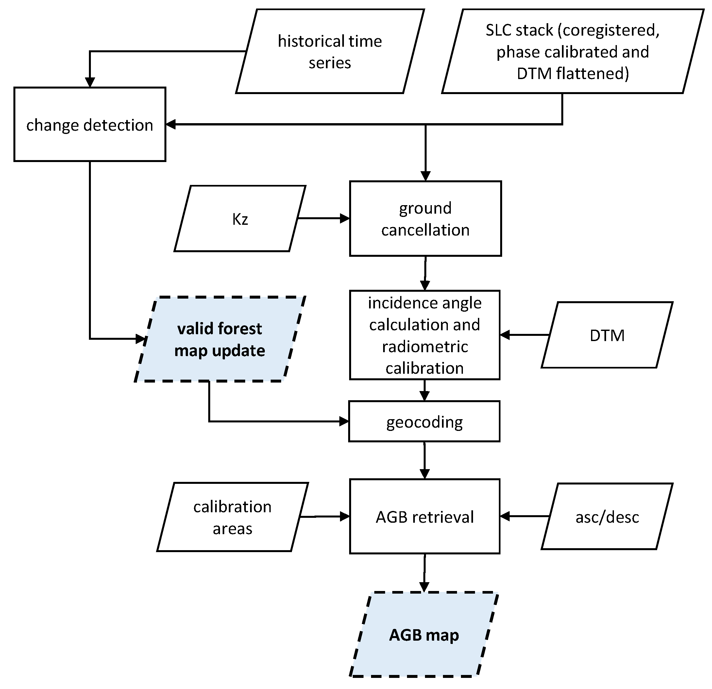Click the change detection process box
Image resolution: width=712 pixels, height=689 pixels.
tap(90, 124)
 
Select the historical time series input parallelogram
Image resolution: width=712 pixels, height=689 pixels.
tap(330, 52)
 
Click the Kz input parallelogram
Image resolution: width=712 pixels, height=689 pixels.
tap(240, 219)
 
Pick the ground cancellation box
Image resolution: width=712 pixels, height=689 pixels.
tap(425, 219)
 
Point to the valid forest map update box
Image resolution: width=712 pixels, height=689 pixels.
tap(220, 339)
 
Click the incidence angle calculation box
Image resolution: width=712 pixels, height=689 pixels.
tap(425, 335)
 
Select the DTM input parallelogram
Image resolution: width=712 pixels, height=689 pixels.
tap(607, 335)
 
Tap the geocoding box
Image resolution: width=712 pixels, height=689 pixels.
tap(424, 421)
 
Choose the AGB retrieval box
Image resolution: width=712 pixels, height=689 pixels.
tap(425, 517)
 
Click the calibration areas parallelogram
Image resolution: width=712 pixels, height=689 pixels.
tap(232, 517)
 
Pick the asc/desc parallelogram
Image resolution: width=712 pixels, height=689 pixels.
tap(607, 517)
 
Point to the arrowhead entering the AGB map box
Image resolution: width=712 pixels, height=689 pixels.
tap(424, 587)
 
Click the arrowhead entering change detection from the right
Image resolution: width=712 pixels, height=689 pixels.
tap(171, 124)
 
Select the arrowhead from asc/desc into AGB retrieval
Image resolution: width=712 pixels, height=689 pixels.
tap(505, 516)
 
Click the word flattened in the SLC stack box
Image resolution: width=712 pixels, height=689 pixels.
tap(592, 74)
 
